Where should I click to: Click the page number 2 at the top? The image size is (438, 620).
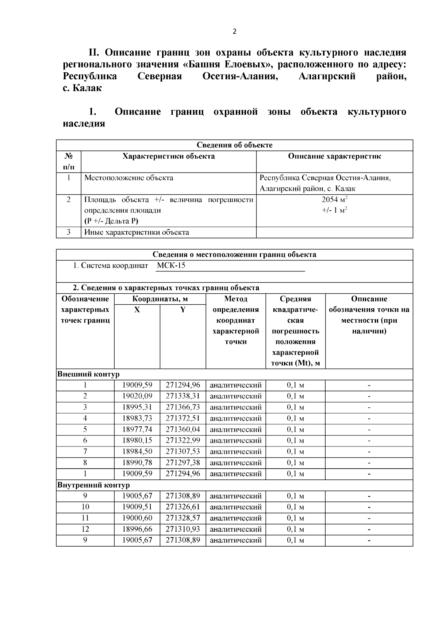[x=234, y=32]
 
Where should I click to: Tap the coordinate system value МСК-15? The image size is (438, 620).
[x=171, y=266]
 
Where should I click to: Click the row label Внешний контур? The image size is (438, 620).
[x=89, y=374]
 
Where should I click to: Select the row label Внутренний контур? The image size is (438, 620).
[x=94, y=485]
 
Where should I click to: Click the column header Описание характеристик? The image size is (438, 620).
[x=334, y=156]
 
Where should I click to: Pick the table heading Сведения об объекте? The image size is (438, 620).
[x=234, y=145]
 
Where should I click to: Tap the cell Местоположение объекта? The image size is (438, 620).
[x=128, y=178]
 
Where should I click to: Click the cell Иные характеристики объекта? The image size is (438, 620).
[x=137, y=232]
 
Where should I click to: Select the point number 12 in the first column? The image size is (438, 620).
[x=85, y=529]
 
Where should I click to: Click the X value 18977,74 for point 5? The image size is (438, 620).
[x=137, y=429]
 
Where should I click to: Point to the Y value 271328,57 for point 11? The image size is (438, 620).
[x=183, y=518]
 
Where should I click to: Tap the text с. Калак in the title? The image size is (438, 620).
[x=82, y=88]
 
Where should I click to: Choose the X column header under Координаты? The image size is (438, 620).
[x=137, y=310]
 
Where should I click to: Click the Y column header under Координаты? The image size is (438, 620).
[x=183, y=310]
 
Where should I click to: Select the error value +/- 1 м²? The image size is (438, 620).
[x=334, y=210]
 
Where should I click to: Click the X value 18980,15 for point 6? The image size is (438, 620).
[x=137, y=440]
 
